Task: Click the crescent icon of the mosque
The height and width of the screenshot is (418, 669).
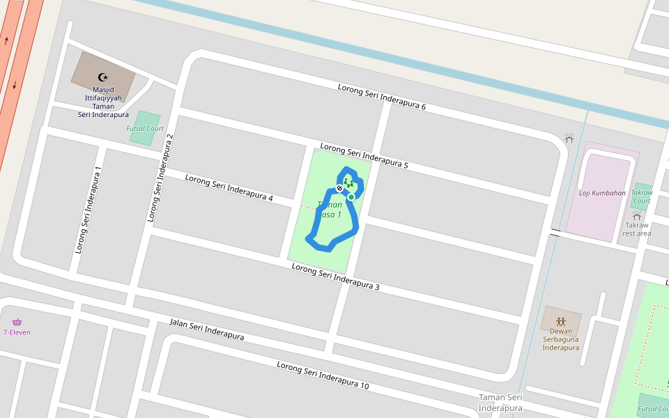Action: tap(103, 77)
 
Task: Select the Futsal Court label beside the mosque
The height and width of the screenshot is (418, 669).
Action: tap(145, 129)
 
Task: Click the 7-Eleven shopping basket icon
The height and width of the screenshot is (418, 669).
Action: tap(17, 322)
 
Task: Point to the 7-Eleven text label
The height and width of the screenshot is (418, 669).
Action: tap(17, 332)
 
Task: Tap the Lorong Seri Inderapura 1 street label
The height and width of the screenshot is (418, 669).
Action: tap(89, 209)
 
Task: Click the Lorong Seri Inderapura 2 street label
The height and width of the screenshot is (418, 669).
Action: tap(160, 178)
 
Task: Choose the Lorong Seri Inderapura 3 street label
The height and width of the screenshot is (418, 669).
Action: tap(335, 277)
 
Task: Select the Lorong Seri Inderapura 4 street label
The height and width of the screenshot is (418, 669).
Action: tap(229, 189)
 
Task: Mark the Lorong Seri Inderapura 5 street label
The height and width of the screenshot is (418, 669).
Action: tap(364, 157)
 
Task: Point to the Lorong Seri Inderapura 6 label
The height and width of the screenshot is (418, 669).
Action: tap(382, 97)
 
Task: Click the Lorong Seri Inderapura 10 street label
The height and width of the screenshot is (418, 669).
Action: tap(323, 376)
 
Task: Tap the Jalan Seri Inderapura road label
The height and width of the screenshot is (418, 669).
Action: tap(207, 330)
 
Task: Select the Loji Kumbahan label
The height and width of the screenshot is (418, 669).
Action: tap(602, 193)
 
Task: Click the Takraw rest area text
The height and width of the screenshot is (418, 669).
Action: tap(637, 229)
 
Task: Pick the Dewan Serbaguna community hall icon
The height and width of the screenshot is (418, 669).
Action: tap(561, 321)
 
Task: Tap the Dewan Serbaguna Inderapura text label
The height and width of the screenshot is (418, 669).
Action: tap(561, 339)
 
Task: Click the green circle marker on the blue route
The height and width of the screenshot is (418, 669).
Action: tap(351, 197)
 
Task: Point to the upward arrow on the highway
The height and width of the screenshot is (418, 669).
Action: tap(7, 40)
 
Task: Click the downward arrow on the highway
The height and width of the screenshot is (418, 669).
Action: tap(15, 85)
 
